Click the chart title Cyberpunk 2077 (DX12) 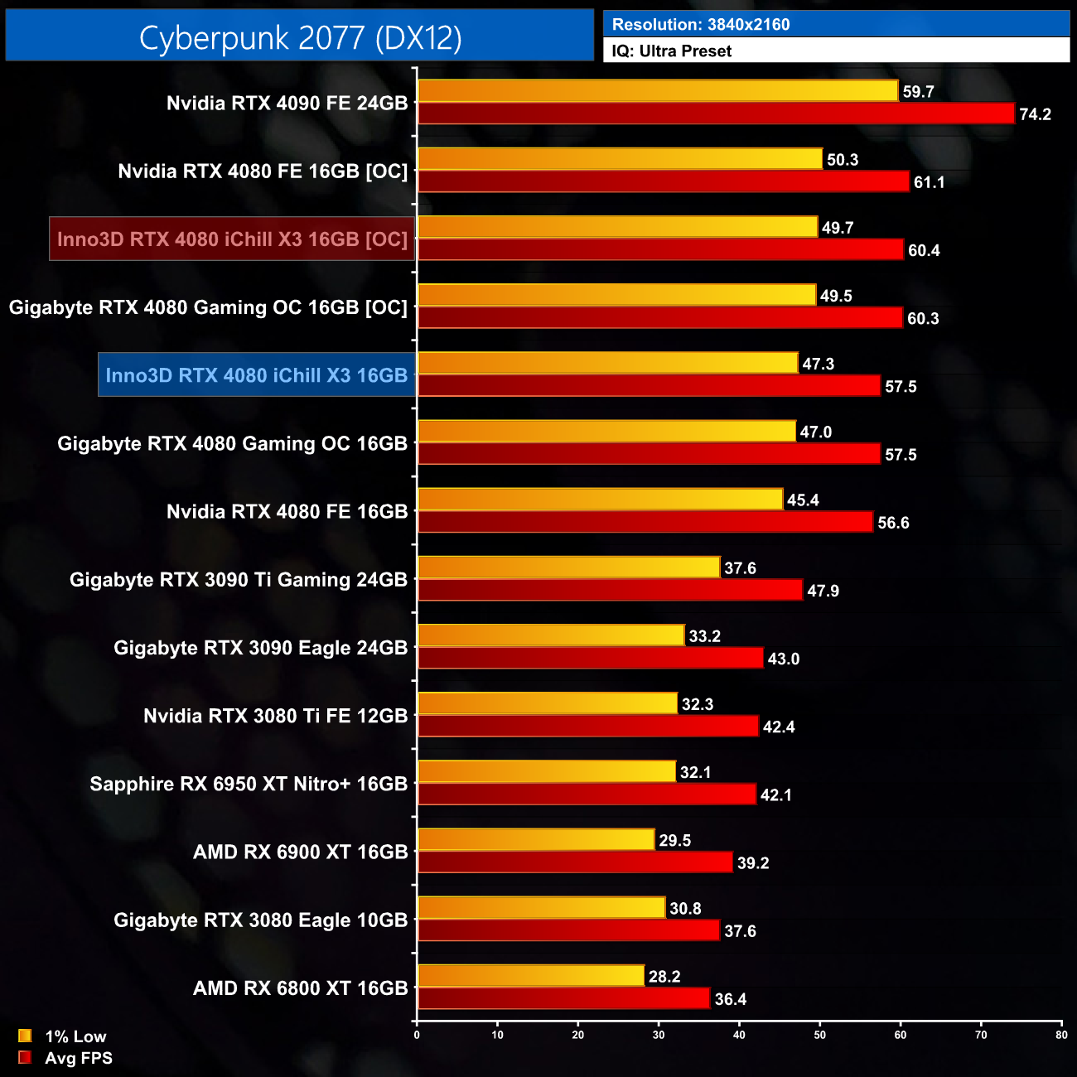pos(300,38)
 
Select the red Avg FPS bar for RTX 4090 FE pos(716,113)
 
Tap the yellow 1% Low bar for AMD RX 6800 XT pos(531,976)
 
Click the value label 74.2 pos(1035,114)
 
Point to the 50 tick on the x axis pos(819,1035)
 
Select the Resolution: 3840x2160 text pos(701,25)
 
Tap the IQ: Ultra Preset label pos(672,51)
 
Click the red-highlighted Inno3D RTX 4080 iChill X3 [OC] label pos(232,239)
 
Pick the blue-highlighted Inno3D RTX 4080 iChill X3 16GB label pos(257,375)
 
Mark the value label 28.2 pos(664,977)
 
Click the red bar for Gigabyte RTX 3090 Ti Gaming pos(610,590)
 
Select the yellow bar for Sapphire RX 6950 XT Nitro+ pos(547,771)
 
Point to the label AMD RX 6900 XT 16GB pos(300,852)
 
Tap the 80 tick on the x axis pos(1061,1035)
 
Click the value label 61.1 pos(929,182)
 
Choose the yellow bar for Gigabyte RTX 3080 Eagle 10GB pos(542,908)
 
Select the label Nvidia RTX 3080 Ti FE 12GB pos(275,716)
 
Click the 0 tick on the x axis pos(417,1035)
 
